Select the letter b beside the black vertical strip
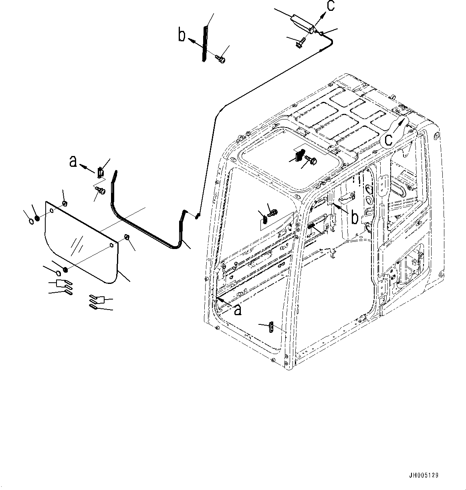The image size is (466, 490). point(182,36)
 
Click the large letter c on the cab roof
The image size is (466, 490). point(388,139)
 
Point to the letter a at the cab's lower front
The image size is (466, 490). point(237,309)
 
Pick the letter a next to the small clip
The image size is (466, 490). point(73,161)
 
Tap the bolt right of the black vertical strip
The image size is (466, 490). point(220,59)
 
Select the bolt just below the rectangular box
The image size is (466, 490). point(301,42)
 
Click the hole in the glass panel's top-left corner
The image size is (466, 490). point(51,211)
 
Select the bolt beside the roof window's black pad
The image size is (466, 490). point(312,160)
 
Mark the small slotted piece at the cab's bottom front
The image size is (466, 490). point(271,327)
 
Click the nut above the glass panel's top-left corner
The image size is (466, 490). point(65,204)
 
